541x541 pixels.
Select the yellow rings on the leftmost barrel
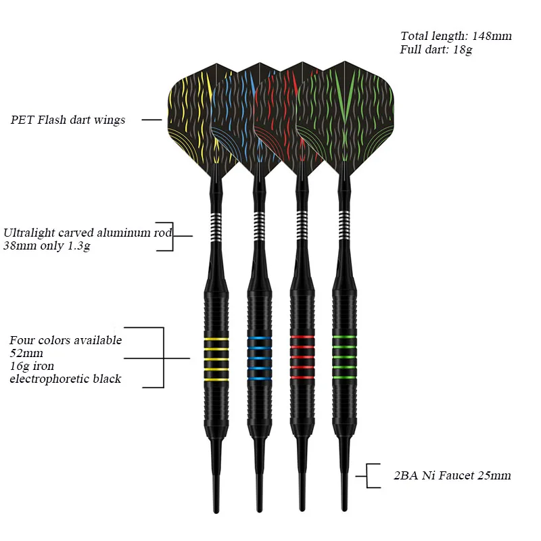(x=215, y=359)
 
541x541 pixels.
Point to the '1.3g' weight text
(x=76, y=246)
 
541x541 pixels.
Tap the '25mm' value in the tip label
(x=496, y=475)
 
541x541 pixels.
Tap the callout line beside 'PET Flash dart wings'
(x=152, y=120)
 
